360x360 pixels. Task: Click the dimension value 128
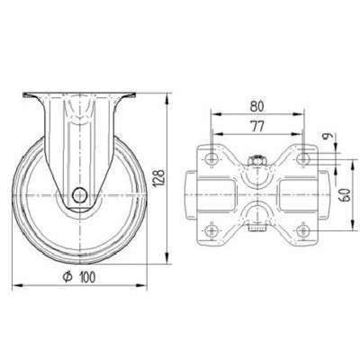point(159,178)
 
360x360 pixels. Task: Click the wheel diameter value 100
point(87,277)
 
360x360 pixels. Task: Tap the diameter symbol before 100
point(67,277)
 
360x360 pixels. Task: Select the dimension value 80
point(257,106)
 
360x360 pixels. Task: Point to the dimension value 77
point(257,126)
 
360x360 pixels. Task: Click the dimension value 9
point(328,136)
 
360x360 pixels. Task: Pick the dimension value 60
point(345,195)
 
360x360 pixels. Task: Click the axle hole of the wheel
point(80,195)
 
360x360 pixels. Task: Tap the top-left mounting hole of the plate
point(211,159)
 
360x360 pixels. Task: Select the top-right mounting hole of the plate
point(303,159)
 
